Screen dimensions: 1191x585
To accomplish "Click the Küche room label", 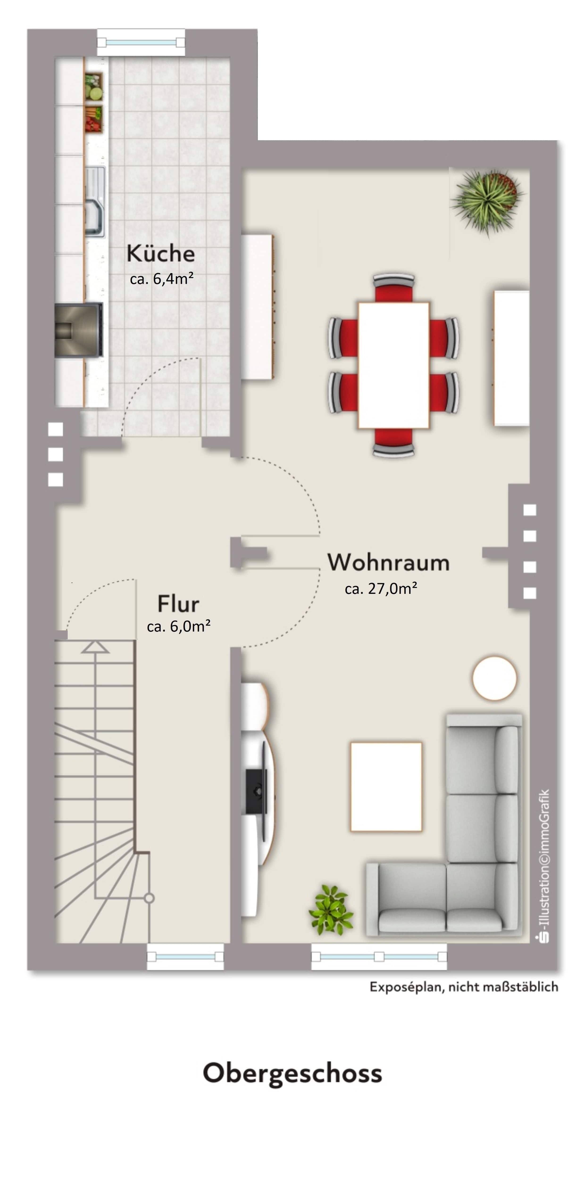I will coord(161,253).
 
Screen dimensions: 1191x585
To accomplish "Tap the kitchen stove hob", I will coord(78,330).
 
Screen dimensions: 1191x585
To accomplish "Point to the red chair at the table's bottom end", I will coord(393,443).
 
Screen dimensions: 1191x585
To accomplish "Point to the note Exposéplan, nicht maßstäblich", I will coord(463,987).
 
